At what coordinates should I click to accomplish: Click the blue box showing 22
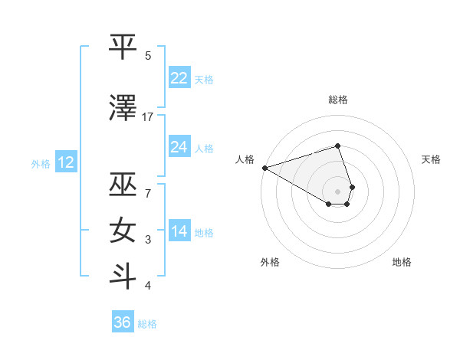pyautogui.click(x=179, y=78)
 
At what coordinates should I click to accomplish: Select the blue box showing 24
pyautogui.click(x=179, y=146)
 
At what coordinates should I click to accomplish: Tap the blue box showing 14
pyautogui.click(x=179, y=231)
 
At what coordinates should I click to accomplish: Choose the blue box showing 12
pyautogui.click(x=66, y=162)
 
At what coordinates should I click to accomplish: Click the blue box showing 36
pyautogui.click(x=123, y=322)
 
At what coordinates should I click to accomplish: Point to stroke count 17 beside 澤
pyautogui.click(x=148, y=116)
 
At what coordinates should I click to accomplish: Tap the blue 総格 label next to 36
pyautogui.click(x=148, y=324)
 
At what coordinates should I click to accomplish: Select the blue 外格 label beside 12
pyautogui.click(x=41, y=163)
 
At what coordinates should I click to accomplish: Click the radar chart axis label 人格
pyautogui.click(x=245, y=159)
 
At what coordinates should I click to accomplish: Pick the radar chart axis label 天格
pyautogui.click(x=432, y=159)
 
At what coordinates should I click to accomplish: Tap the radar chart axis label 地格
pyautogui.click(x=402, y=262)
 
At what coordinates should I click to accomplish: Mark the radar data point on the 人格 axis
pyautogui.click(x=264, y=168)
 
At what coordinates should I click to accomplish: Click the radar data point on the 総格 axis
pyautogui.click(x=337, y=146)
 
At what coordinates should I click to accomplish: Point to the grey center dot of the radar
pyautogui.click(x=337, y=191)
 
